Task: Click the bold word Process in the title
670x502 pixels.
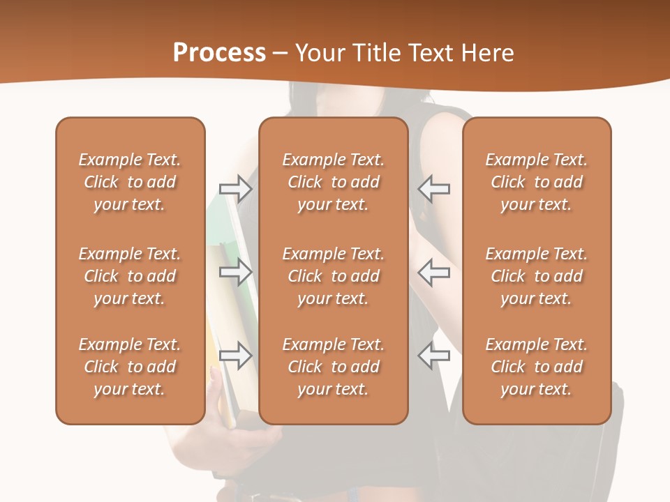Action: coord(219,53)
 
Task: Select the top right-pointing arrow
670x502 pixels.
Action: coord(236,189)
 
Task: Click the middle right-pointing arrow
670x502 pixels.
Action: coord(236,271)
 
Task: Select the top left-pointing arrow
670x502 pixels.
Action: coord(433,189)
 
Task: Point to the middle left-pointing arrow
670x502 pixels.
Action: coord(433,271)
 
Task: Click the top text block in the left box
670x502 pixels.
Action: coord(130,182)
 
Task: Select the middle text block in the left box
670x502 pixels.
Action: coord(130,276)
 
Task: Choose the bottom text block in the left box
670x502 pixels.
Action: coord(130,367)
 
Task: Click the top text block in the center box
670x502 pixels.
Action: coord(333,182)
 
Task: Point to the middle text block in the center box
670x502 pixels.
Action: coord(333,276)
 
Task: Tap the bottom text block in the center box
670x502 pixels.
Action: coord(333,367)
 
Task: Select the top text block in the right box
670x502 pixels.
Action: coord(536,182)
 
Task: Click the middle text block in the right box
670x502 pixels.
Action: coord(536,276)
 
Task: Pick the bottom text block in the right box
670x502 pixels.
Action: coord(536,367)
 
